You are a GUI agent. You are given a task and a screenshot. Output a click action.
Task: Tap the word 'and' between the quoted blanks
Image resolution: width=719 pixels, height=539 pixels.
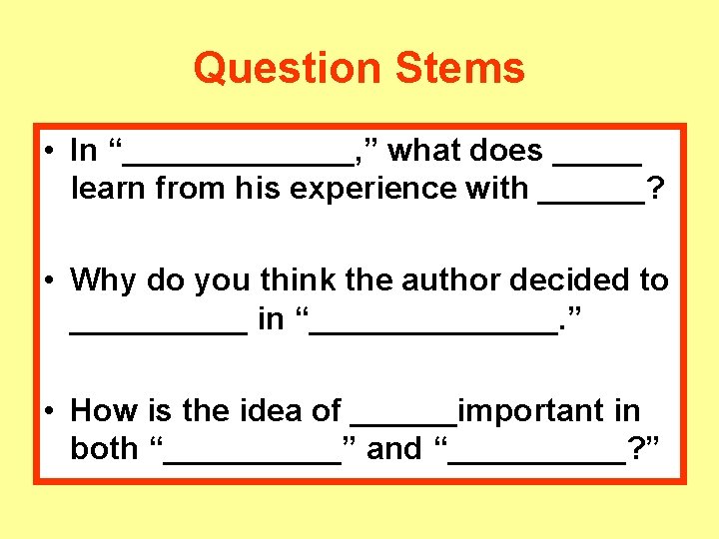pyautogui.click(x=394, y=449)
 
